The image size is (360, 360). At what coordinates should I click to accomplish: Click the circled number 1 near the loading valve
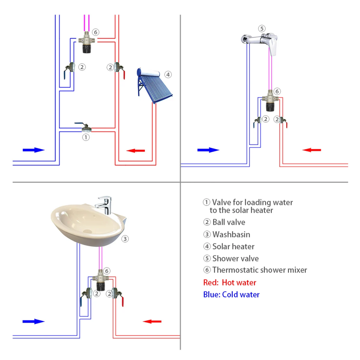pos(86,137)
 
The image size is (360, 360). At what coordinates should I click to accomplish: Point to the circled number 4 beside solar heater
pos(168,74)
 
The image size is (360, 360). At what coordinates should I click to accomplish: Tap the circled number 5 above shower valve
pos(262,29)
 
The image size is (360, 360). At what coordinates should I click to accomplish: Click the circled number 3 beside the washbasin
pos(125,239)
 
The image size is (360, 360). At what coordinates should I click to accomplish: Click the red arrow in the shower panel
pos(312,150)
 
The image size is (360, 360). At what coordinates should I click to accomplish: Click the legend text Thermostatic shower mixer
pos(259,270)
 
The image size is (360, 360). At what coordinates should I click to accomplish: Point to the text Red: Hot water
pos(230,283)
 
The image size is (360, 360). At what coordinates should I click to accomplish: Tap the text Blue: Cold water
pos(231,294)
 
